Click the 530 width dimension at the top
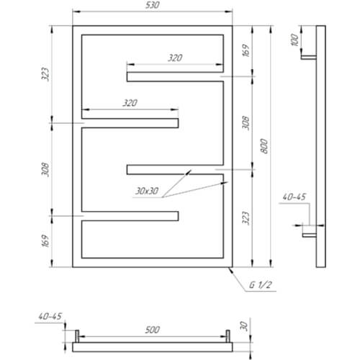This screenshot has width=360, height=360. click(x=152, y=5)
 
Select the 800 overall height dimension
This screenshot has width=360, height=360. click(x=264, y=146)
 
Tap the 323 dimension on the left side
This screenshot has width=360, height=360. click(x=45, y=74)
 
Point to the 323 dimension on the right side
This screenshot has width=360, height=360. click(x=246, y=218)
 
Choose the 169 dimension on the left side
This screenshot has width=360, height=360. click(x=45, y=240)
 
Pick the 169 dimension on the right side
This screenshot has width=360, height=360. click(x=246, y=50)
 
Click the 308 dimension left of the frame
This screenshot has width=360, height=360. click(x=45, y=169)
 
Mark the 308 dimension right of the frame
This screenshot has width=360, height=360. click(x=246, y=123)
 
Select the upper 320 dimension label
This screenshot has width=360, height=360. click(x=175, y=58)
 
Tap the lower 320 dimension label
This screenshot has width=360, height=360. click(x=130, y=103)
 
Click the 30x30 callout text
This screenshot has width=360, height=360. click(x=147, y=191)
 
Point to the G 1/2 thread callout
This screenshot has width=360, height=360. click(x=261, y=285)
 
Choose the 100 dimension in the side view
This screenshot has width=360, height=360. click(x=294, y=40)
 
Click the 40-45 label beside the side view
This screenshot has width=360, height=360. click(x=294, y=197)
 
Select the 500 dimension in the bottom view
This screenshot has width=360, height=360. click(x=152, y=330)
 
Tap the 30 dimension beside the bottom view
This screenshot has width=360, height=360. click(x=243, y=326)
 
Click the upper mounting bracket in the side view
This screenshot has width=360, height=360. click(x=309, y=58)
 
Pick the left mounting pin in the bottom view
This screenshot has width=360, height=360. click(x=77, y=336)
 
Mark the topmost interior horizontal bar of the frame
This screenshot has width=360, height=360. click(x=175, y=77)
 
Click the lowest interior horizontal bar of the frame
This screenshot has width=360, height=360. click(x=130, y=216)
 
